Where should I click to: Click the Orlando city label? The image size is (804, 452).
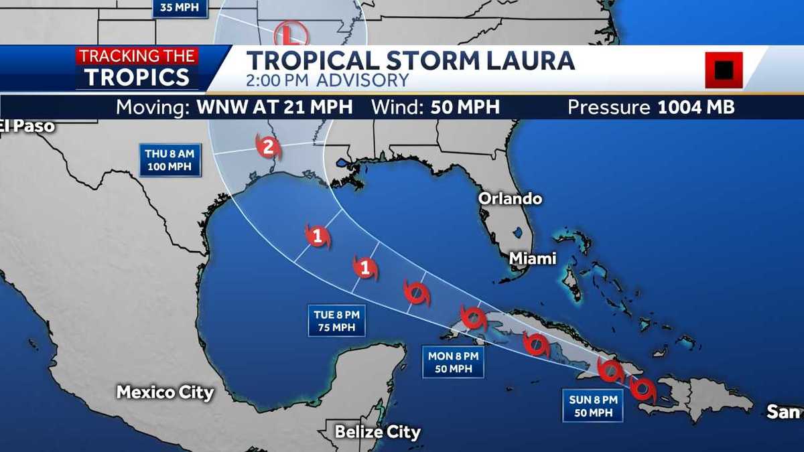pyautogui.click(x=510, y=198)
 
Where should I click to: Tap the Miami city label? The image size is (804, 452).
pyautogui.click(x=533, y=258)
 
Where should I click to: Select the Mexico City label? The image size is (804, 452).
pyautogui.click(x=165, y=392)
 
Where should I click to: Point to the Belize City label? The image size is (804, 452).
pyautogui.click(x=378, y=432)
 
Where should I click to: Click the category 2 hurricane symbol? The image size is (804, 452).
pyautogui.click(x=268, y=147)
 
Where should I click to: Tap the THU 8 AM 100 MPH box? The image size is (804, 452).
pyautogui.click(x=170, y=160)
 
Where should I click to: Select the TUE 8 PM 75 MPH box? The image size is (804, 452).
pyautogui.click(x=339, y=321)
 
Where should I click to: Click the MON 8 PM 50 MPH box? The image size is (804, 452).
pyautogui.click(x=453, y=362)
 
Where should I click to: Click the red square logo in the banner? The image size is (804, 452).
pyautogui.click(x=724, y=70)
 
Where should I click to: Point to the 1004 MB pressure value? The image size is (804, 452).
pyautogui.click(x=695, y=107)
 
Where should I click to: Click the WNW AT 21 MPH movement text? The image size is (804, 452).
pyautogui.click(x=274, y=107)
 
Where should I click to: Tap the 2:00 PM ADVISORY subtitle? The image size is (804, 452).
pyautogui.click(x=327, y=80)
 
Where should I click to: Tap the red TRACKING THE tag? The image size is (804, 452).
pyautogui.click(x=137, y=56)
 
